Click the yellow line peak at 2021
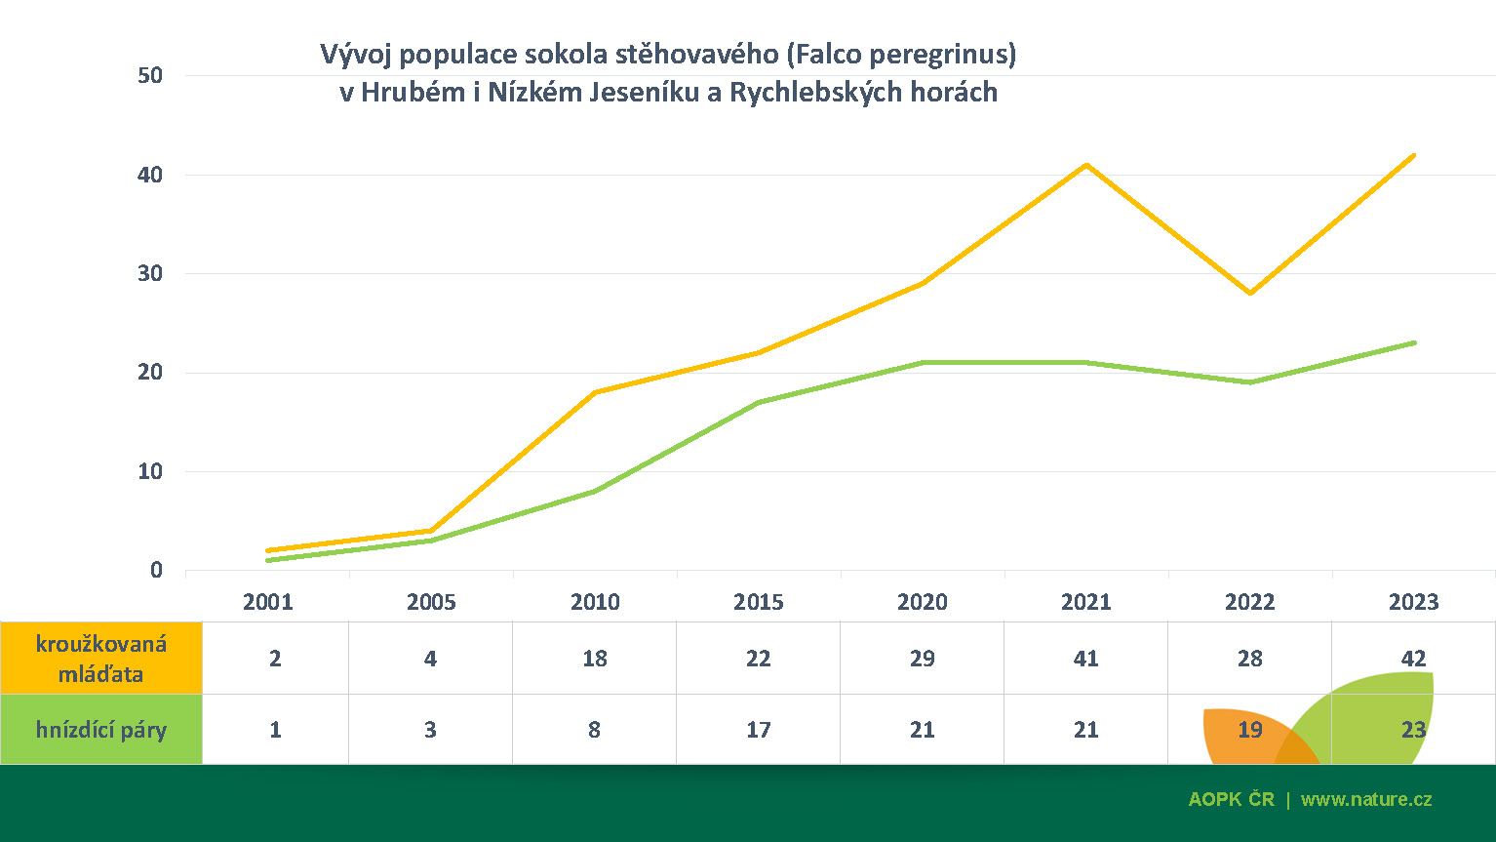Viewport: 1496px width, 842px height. click(x=1085, y=165)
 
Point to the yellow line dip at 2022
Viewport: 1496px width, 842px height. click(x=1249, y=293)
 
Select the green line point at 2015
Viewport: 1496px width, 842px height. click(x=759, y=402)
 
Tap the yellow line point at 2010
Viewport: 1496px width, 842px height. click(x=595, y=392)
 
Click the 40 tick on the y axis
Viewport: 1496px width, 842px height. click(x=150, y=176)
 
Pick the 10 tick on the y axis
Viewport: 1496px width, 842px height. click(x=150, y=472)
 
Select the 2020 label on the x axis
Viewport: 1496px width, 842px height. click(x=922, y=602)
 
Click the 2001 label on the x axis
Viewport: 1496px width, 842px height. click(x=267, y=602)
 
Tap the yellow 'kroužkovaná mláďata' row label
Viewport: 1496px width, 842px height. click(x=101, y=659)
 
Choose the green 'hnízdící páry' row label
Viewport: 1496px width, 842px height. click(x=101, y=730)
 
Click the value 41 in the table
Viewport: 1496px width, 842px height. click(x=1085, y=659)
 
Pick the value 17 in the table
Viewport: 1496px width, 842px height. click(x=759, y=730)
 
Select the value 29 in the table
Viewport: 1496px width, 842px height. click(x=922, y=659)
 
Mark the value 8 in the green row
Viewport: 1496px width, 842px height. click(x=594, y=730)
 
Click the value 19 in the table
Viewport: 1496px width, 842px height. click(x=1249, y=730)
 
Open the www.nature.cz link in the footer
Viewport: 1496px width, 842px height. click(x=1366, y=799)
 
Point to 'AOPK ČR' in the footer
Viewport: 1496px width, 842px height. click(x=1231, y=799)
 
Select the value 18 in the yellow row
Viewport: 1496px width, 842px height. click(x=594, y=659)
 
